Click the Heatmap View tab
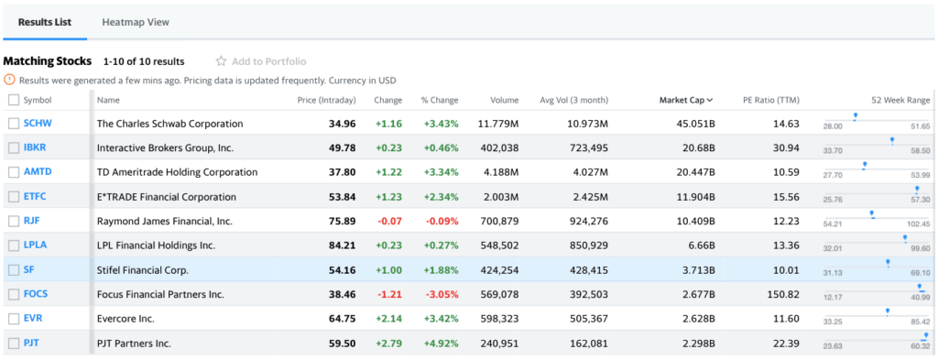point(135,22)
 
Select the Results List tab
point(45,22)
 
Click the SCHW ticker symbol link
point(38,124)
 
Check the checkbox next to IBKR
point(13,147)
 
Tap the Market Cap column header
point(686,100)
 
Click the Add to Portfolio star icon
point(221,61)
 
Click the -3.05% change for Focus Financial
point(441,294)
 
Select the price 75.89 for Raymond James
point(341,221)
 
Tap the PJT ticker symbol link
point(32,344)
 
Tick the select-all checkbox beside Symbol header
point(13,100)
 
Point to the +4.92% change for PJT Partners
point(441,344)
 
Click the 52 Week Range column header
point(900,100)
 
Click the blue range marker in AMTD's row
point(863,166)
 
